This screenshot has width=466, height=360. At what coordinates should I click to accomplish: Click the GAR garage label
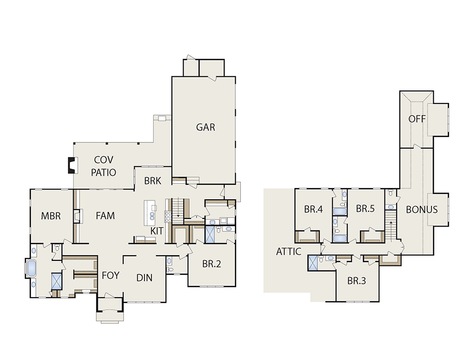pyautogui.click(x=206, y=127)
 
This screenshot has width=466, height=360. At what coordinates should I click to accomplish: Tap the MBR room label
pyautogui.click(x=51, y=216)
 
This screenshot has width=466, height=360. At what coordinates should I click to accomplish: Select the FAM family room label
pyautogui.click(x=105, y=215)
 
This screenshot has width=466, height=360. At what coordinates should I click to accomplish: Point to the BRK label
pyautogui.click(x=152, y=181)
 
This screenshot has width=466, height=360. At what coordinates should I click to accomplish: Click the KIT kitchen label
pyautogui.click(x=157, y=231)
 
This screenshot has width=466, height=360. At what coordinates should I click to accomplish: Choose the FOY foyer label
pyautogui.click(x=110, y=275)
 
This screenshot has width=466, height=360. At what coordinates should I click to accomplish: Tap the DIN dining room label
pyautogui.click(x=144, y=278)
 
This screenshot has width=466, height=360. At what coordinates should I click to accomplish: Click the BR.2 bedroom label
pyautogui.click(x=212, y=264)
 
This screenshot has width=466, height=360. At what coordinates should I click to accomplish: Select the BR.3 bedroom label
pyautogui.click(x=356, y=281)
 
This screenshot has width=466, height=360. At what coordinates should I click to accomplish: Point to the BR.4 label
pyautogui.click(x=313, y=210)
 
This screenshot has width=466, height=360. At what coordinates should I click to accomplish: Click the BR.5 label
pyautogui.click(x=365, y=209)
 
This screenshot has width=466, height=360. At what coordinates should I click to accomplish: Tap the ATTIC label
pyautogui.click(x=288, y=251)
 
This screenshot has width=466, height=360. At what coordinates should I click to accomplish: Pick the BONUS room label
pyautogui.click(x=422, y=210)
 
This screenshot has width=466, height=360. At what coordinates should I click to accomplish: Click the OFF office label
pyautogui.click(x=417, y=119)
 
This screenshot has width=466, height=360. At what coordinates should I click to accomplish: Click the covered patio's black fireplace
pyautogui.click(x=73, y=165)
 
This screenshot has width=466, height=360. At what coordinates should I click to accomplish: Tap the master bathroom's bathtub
pyautogui.click(x=32, y=268)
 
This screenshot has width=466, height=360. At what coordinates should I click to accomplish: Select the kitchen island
pyautogui.click(x=150, y=213)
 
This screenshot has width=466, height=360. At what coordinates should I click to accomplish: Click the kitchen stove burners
pyautogui.click(x=168, y=217)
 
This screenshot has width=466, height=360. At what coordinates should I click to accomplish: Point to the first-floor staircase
pyautogui.click(x=178, y=211)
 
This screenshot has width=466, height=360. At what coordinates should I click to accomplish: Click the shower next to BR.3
pyautogui.click(x=313, y=263)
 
